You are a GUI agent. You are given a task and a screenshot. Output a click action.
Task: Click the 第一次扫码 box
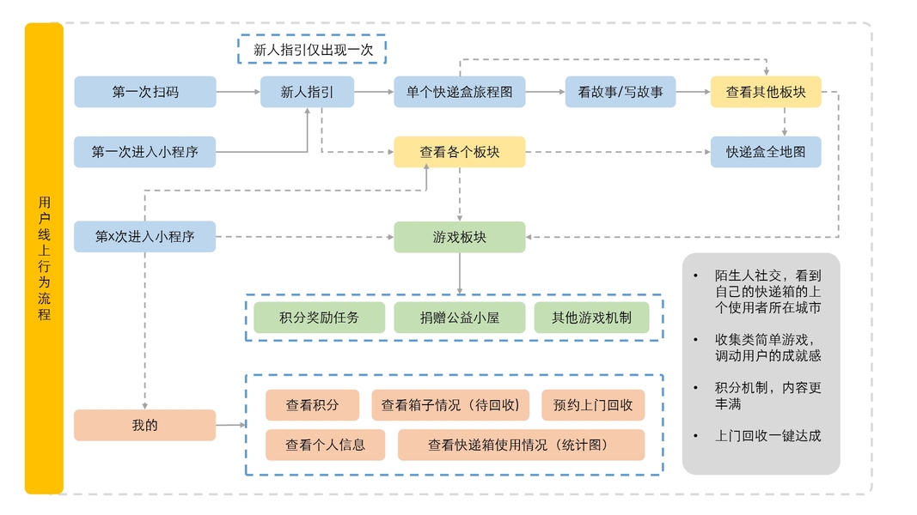click(145, 92)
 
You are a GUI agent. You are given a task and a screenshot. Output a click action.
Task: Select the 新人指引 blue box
click(307, 92)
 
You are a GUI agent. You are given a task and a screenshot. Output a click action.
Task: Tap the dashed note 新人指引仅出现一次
click(312, 50)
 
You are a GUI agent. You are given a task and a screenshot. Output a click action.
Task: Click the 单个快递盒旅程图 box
click(460, 92)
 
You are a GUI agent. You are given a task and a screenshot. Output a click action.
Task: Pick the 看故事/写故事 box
click(620, 92)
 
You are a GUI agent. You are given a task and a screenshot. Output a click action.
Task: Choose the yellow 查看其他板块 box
click(765, 92)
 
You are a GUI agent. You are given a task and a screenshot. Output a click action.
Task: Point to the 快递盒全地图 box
click(765, 152)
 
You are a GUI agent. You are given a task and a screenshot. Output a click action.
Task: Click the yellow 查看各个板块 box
click(459, 152)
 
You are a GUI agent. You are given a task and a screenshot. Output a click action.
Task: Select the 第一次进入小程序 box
click(145, 152)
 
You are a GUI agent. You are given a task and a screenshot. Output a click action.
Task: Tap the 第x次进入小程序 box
click(145, 237)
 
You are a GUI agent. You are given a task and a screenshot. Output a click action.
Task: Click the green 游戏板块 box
click(459, 237)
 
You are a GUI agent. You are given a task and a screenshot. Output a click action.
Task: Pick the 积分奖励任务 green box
click(319, 318)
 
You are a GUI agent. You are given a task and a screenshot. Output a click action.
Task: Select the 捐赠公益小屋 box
click(459, 318)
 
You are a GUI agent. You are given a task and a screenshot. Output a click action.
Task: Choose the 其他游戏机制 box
click(591, 318)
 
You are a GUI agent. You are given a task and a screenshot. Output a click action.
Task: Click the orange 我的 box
click(145, 425)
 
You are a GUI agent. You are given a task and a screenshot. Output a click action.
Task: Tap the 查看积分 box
click(312, 405)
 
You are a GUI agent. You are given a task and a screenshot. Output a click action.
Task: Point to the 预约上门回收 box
click(593, 405)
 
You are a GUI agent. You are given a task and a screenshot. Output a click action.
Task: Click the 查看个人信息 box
click(325, 445)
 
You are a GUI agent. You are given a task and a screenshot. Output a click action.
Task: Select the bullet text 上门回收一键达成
click(767, 435)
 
